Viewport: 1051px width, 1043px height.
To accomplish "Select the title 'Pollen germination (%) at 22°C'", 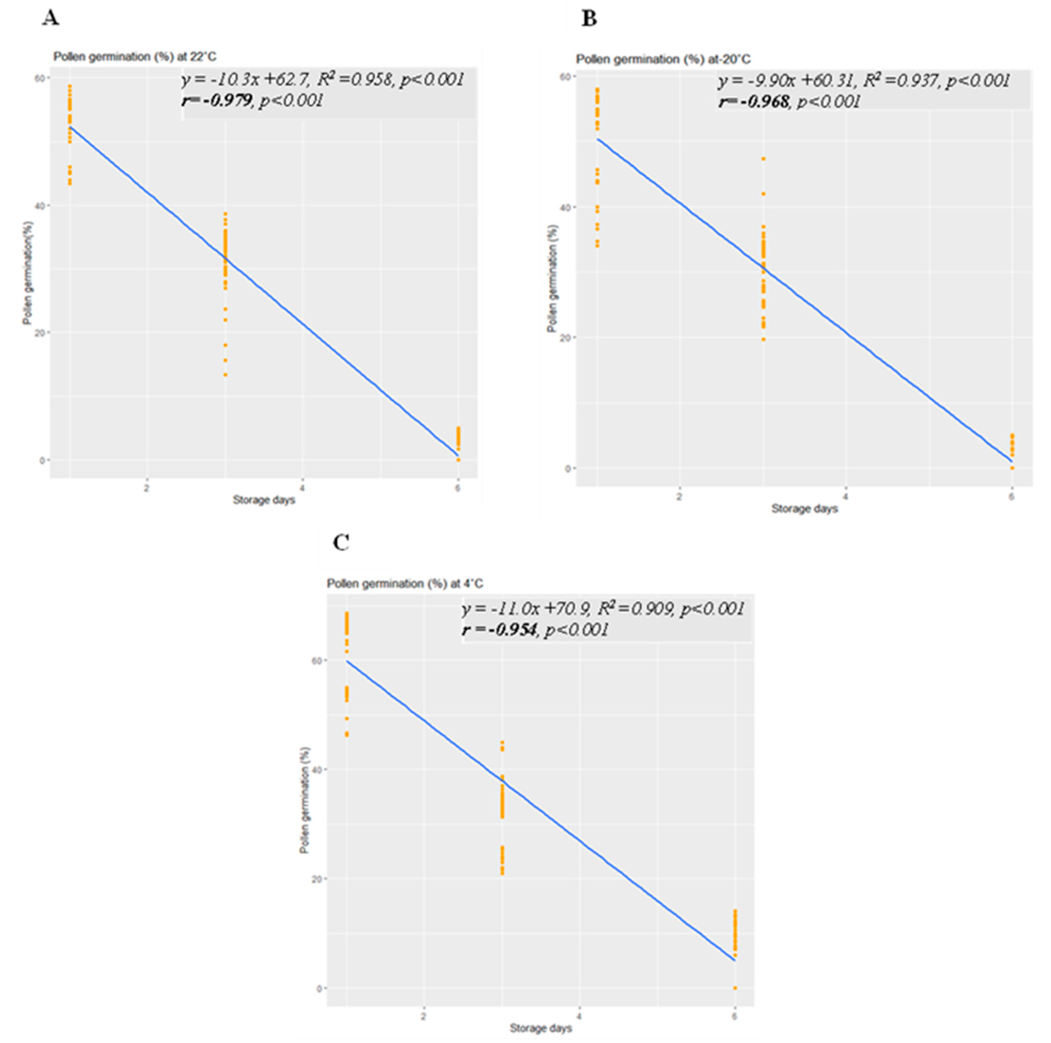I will tap(134, 57).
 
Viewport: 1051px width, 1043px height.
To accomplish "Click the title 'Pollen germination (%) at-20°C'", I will tap(663, 59).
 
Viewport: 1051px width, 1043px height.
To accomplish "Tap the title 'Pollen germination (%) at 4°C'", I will tap(404, 584).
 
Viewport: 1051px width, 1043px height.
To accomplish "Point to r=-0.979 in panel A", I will tap(216, 100).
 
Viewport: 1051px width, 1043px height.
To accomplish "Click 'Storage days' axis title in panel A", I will tap(264, 499).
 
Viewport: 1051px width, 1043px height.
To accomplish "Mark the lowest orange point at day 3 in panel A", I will tap(225, 375).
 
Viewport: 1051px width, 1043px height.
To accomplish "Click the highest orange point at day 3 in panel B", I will tap(763, 159).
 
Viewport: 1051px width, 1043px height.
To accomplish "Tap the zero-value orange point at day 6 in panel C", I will tap(735, 988).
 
